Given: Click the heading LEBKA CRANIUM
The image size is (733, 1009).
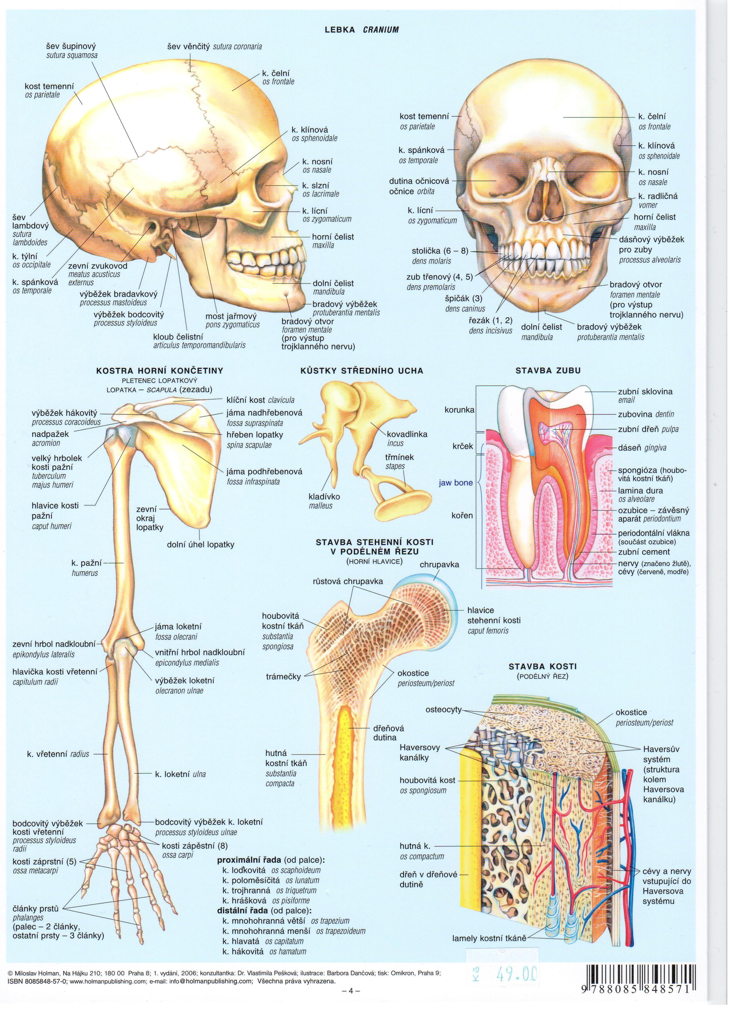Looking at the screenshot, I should pos(362,30).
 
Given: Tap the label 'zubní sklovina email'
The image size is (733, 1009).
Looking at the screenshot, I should pos(645,395).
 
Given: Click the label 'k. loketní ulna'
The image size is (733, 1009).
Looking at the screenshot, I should pos(180,774).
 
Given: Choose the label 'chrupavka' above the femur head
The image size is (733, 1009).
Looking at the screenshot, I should pos(439,565).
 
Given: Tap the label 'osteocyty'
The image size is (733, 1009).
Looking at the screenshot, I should pos(443,709).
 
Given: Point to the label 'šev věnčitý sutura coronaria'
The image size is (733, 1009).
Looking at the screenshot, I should pos(214,46).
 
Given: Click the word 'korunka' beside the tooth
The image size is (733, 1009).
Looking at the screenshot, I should pos(459,410).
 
